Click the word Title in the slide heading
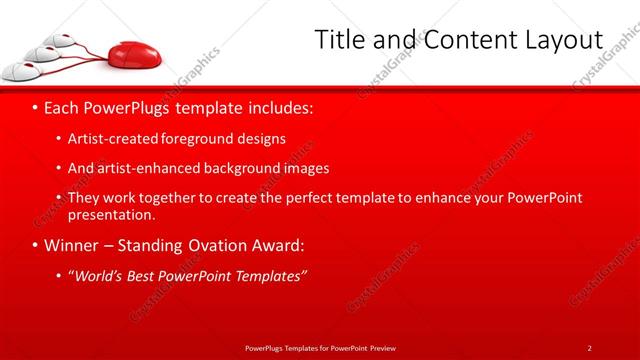(x=338, y=40)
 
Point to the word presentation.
(x=111, y=214)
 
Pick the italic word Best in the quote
(x=149, y=275)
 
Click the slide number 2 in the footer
(x=589, y=347)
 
